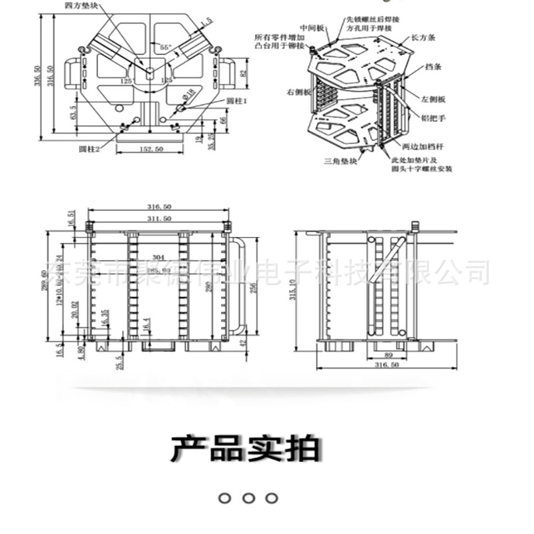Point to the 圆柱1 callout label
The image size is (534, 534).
237,100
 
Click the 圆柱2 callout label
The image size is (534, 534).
89,148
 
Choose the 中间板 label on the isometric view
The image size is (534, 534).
312,28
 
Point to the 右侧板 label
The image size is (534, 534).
299,91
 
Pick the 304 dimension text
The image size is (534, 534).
158,257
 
